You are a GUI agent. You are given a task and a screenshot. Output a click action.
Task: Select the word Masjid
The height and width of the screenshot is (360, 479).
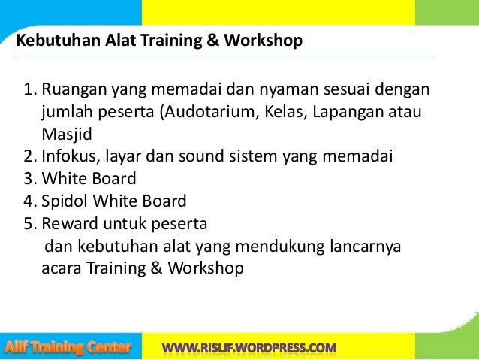(x=64, y=135)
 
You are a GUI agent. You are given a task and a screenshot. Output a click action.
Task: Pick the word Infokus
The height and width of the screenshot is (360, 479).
(x=68, y=157)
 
